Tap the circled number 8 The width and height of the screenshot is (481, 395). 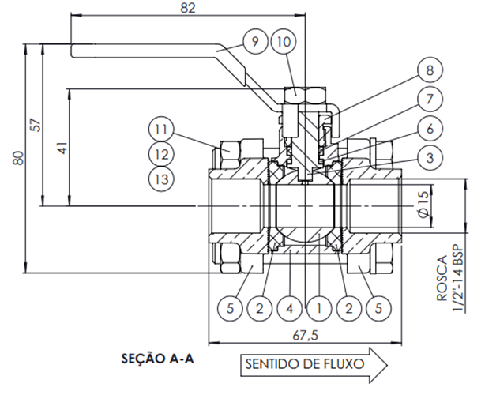[x=428, y=71]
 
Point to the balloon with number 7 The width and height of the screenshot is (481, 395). [x=428, y=100]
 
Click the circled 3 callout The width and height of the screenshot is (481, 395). [x=428, y=158]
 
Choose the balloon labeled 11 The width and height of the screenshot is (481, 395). [x=161, y=127]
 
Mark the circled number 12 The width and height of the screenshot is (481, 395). [x=161, y=153]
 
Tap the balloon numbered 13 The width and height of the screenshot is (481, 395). [x=161, y=179]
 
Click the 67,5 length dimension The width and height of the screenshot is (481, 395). [x=303, y=335]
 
